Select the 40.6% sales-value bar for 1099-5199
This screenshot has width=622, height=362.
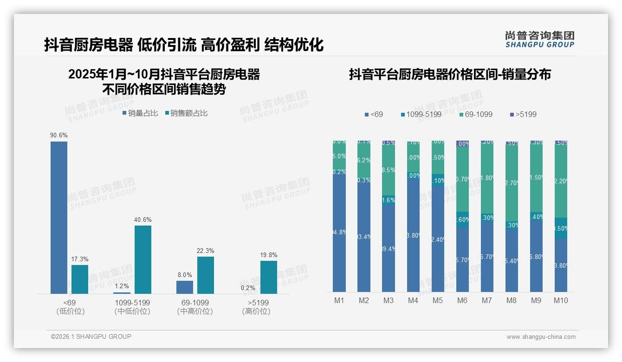click(x=143, y=259)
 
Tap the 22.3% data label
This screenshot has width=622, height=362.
click(x=206, y=251)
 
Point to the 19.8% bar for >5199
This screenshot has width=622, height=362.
click(x=268, y=277)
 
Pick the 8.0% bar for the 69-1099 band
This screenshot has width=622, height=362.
click(x=185, y=287)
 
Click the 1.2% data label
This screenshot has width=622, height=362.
click(x=122, y=286)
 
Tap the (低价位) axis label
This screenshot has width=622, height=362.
click(x=70, y=311)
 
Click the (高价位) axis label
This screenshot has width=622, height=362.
click(x=256, y=311)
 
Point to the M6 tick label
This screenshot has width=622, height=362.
click(x=462, y=301)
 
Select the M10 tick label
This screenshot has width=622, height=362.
click(x=561, y=301)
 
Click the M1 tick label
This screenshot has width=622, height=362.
click(x=339, y=301)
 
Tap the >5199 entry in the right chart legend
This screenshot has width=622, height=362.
click(x=523, y=114)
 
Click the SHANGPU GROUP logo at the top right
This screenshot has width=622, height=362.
click(x=539, y=39)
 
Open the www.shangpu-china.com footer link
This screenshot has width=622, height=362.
click(x=541, y=337)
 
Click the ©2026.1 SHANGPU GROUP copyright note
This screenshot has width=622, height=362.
click(x=91, y=336)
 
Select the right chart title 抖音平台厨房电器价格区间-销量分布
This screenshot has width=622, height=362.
click(x=450, y=75)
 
